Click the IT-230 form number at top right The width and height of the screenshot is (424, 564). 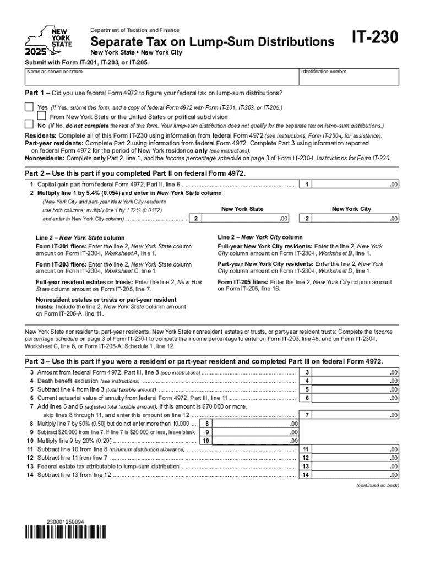pyautogui.click(x=374, y=39)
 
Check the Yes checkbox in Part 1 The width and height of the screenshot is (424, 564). pyautogui.click(x=29, y=106)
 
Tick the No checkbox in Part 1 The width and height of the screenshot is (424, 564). pyautogui.click(x=29, y=125)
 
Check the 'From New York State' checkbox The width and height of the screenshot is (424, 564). pyautogui.click(x=41, y=116)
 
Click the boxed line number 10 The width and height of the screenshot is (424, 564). pyautogui.click(x=206, y=441)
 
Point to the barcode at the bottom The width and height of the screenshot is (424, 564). pyautogui.click(x=66, y=533)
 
